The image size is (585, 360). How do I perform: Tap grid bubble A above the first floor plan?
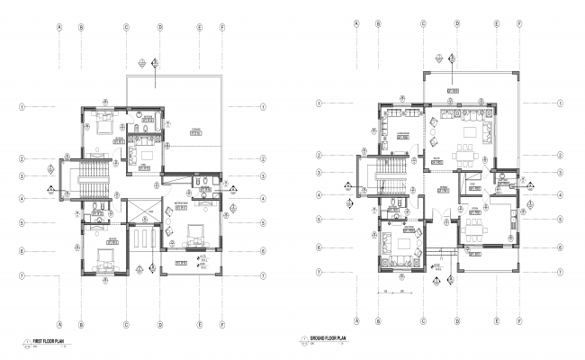[x=59, y=27]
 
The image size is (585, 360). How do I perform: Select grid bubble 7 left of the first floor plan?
[x=21, y=274]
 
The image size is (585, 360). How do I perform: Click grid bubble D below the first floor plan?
[x=158, y=321]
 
